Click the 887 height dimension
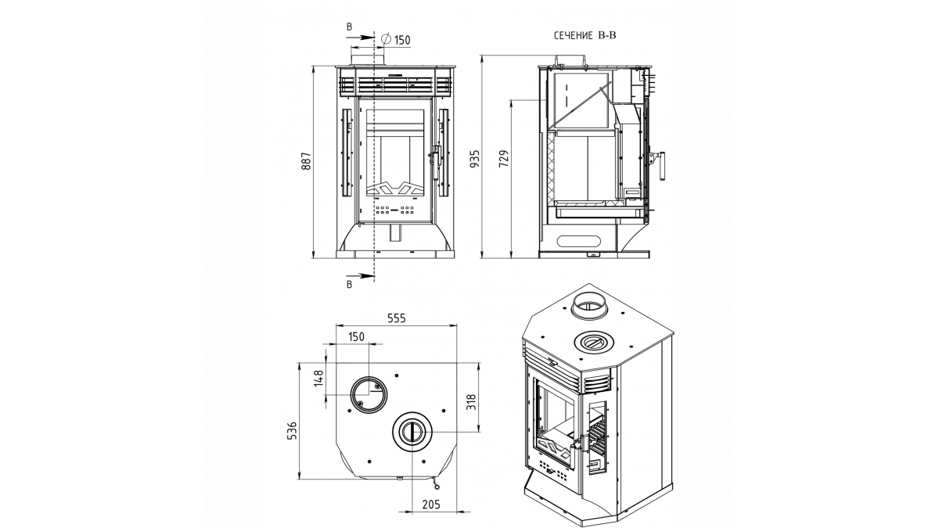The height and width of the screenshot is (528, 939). [x=307, y=161]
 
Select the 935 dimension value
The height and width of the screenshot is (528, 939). [x=474, y=159]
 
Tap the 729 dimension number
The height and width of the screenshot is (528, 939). [x=504, y=159]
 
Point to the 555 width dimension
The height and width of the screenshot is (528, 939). [x=396, y=318]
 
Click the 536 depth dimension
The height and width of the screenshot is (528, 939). [x=292, y=430]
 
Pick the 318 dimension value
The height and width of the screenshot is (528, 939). [x=471, y=402]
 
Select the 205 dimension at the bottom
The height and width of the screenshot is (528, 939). [x=431, y=505]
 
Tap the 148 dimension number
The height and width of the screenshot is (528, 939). [x=319, y=378]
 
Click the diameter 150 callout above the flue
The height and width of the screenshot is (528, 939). [x=396, y=40]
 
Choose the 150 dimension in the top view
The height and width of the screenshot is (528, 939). [x=356, y=337]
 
